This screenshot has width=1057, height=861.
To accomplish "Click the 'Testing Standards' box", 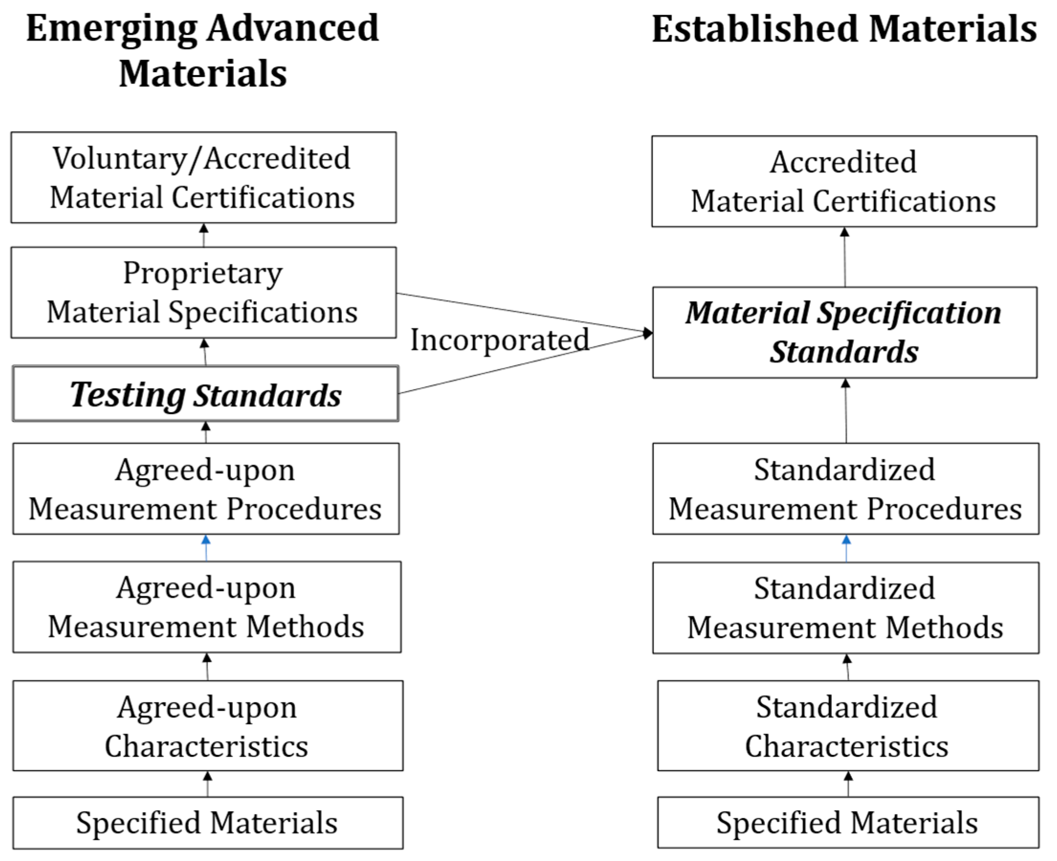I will [206, 394].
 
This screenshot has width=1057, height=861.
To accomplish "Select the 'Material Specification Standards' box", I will [844, 332].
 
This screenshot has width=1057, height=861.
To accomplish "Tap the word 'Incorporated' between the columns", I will [499, 340].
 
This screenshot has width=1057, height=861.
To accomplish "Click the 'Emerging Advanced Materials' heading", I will [202, 50].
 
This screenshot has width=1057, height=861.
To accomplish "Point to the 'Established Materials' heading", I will [844, 29].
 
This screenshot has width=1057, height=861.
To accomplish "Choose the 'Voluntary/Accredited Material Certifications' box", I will [203, 177].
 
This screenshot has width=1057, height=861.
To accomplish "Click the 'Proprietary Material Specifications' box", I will [203, 292].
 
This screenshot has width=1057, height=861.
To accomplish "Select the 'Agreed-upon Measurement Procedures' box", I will [206, 489].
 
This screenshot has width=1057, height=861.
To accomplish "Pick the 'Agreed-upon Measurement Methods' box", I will [207, 607].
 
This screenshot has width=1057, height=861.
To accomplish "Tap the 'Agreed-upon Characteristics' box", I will [208, 726].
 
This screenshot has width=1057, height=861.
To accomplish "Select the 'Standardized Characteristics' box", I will [848, 726].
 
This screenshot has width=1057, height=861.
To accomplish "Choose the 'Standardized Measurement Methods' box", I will [845, 608].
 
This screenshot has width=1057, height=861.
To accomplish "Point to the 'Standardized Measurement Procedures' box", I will [845, 489].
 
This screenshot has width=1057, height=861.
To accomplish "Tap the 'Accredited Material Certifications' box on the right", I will [844, 181].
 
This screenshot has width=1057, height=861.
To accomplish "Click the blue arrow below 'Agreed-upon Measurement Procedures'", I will [206, 547].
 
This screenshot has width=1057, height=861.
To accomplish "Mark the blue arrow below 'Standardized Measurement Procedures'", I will [846, 548].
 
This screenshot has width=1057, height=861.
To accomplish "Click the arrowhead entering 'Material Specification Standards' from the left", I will [647, 333].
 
